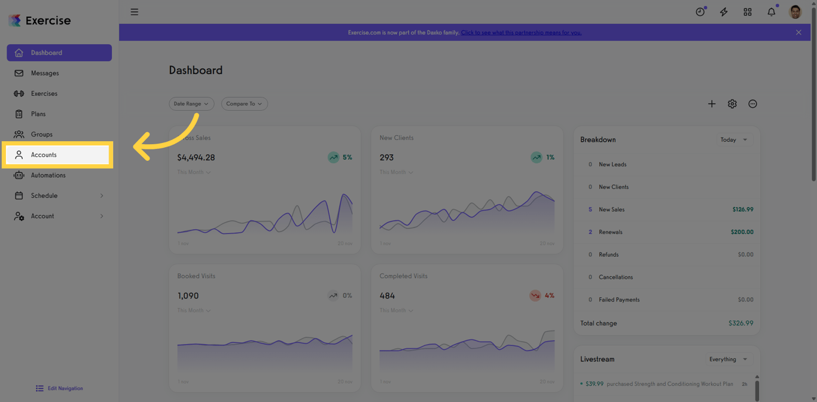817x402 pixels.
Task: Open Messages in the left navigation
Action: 45,73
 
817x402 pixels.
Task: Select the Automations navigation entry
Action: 48,175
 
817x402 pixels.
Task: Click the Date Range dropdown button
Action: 191,103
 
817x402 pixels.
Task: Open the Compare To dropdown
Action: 244,103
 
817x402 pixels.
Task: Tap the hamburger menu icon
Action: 135,12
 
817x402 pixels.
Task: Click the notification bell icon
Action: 771,12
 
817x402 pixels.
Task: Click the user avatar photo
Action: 795,12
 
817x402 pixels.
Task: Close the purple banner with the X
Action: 798,32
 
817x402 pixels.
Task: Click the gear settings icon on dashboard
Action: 732,104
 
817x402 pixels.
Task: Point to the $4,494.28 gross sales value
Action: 196,157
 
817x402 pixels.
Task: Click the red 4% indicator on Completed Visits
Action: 542,296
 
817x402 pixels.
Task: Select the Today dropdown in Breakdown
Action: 734,139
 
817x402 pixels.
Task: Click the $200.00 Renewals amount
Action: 742,232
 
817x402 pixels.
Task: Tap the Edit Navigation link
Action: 60,388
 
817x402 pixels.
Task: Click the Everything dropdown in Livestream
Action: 728,359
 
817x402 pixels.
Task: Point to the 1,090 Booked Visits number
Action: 188,296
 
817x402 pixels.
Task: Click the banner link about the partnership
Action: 521,32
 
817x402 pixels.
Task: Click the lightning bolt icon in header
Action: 724,12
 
